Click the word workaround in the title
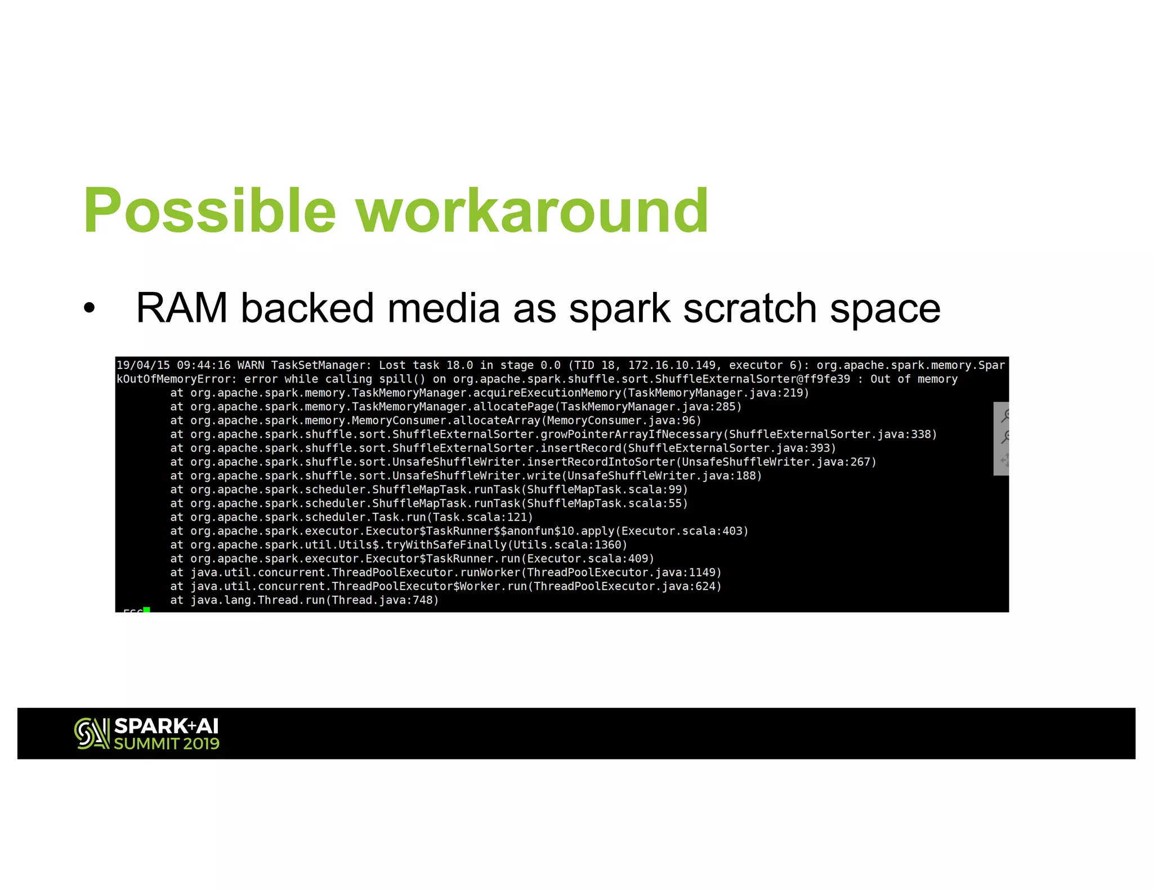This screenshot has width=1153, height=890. pos(533,212)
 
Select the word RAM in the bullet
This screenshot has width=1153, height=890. pos(181,308)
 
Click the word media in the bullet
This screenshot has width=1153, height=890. pos(444,308)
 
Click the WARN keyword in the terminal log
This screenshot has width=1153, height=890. pos(251,366)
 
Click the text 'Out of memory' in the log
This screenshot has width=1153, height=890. pos(913,379)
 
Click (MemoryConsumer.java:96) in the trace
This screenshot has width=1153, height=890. pos(621,420)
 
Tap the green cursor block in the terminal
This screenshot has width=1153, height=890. pos(146,609)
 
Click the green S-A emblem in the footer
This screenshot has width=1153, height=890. pos(92,733)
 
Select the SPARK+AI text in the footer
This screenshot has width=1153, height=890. pos(166,726)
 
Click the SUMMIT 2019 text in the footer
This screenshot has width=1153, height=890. pos(167,744)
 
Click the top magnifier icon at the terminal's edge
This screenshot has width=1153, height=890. pos(1004,416)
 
